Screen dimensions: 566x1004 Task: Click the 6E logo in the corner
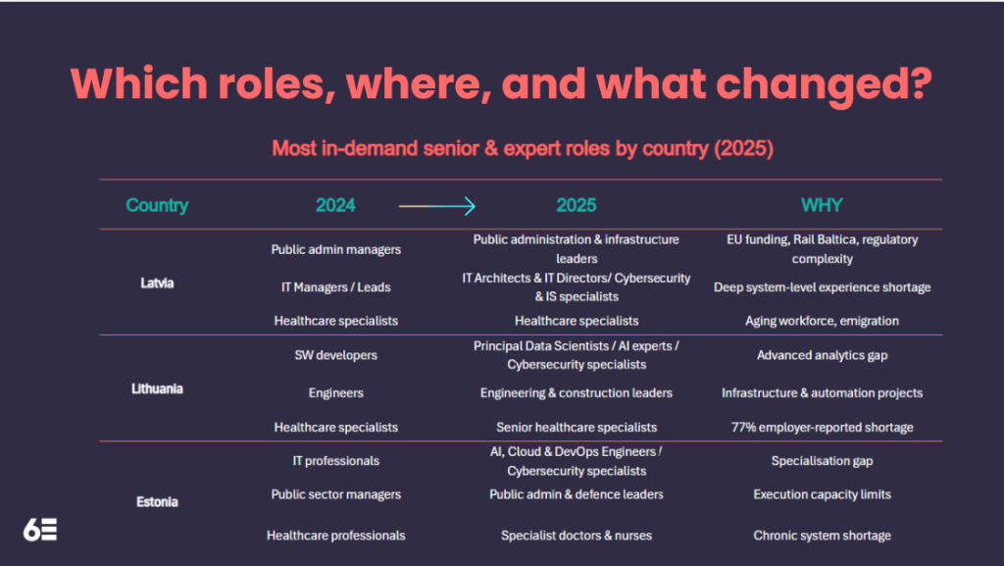40,531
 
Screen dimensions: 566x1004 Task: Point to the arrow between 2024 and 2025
436,206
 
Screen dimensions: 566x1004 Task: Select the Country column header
157,206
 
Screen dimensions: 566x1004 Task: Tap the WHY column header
822,206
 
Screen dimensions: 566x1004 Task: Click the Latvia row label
157,283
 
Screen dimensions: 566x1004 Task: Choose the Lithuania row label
157,388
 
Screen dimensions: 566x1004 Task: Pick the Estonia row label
157,502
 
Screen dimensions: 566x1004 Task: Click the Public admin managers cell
336,249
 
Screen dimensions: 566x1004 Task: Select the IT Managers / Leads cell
336,286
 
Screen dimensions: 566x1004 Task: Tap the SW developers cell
336,355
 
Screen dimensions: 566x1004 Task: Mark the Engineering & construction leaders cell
577,393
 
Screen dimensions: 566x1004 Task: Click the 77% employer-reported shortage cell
822,428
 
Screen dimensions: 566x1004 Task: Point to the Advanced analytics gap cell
822,355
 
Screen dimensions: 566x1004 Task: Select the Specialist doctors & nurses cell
577,536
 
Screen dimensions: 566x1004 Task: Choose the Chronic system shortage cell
822,536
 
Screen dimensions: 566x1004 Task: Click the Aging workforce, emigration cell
822,321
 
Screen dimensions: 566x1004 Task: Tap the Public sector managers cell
336,494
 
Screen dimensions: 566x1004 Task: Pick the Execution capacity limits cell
822,494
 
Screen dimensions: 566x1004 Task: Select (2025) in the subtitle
743,149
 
